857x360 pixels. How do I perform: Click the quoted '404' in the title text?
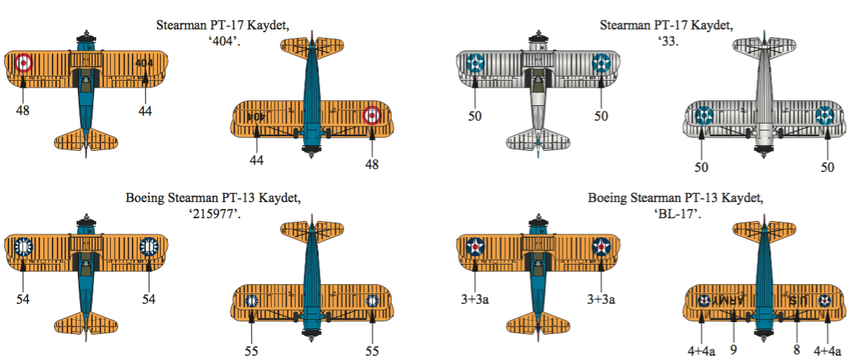224,41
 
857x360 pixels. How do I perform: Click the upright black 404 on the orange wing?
144,63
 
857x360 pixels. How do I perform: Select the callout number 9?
733,349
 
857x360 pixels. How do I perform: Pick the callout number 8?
797,349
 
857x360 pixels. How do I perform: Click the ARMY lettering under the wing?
728,300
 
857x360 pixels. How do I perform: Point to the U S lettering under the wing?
798,301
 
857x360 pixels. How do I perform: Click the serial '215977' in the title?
215,213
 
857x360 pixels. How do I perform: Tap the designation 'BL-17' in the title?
677,213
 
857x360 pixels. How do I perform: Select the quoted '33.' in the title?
668,41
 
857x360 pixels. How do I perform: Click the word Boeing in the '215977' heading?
145,198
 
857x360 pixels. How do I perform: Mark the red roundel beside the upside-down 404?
371,115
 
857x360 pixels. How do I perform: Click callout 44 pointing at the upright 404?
145,111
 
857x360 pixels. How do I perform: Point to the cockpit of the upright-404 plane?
86,81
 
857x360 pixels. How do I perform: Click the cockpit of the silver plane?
538,81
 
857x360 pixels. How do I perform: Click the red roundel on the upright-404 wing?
23,62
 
